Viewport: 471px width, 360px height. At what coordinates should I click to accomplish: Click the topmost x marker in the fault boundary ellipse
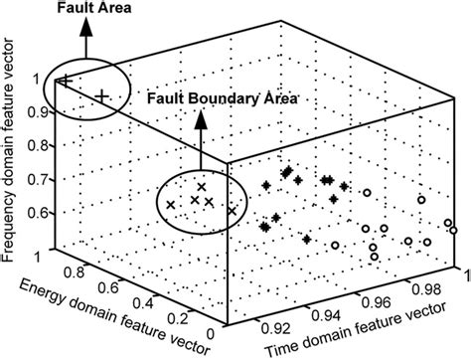[202, 187]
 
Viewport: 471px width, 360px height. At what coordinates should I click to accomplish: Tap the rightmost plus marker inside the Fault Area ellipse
[103, 94]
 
